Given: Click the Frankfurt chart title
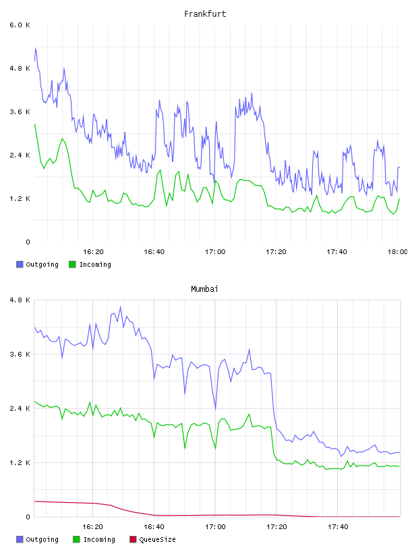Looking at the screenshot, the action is coord(205,14).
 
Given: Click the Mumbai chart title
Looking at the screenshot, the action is coord(204,289).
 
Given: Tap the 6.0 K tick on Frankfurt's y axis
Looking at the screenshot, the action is coord(20,25).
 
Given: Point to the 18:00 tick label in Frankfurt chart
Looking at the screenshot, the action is coord(397,252).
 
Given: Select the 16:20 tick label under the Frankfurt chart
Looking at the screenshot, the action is coord(93,252).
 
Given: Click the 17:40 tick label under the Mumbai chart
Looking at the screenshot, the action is coord(338,527).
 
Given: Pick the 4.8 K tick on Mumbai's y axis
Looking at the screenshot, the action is coord(20,300).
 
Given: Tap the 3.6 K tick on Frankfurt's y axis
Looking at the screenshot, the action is coord(20,112).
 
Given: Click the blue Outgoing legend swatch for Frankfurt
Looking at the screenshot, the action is coord(20,264).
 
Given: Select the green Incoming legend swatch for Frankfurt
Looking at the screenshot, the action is coord(72,264).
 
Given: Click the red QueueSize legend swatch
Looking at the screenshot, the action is coord(133,539).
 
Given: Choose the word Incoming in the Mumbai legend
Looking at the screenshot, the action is coord(99,540).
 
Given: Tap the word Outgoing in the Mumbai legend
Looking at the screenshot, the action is coord(42,540).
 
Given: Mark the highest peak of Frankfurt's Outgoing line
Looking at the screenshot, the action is coord(36,48).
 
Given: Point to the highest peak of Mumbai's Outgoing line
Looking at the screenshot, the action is coord(121,307).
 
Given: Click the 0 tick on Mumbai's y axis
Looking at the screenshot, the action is coord(28,517).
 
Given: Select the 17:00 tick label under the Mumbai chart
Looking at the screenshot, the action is coord(215,527).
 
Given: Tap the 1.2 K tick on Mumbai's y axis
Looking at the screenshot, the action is coord(20,463).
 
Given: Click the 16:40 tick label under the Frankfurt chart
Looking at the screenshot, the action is coord(154,252).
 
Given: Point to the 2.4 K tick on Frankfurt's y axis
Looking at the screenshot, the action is coord(20,156).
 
